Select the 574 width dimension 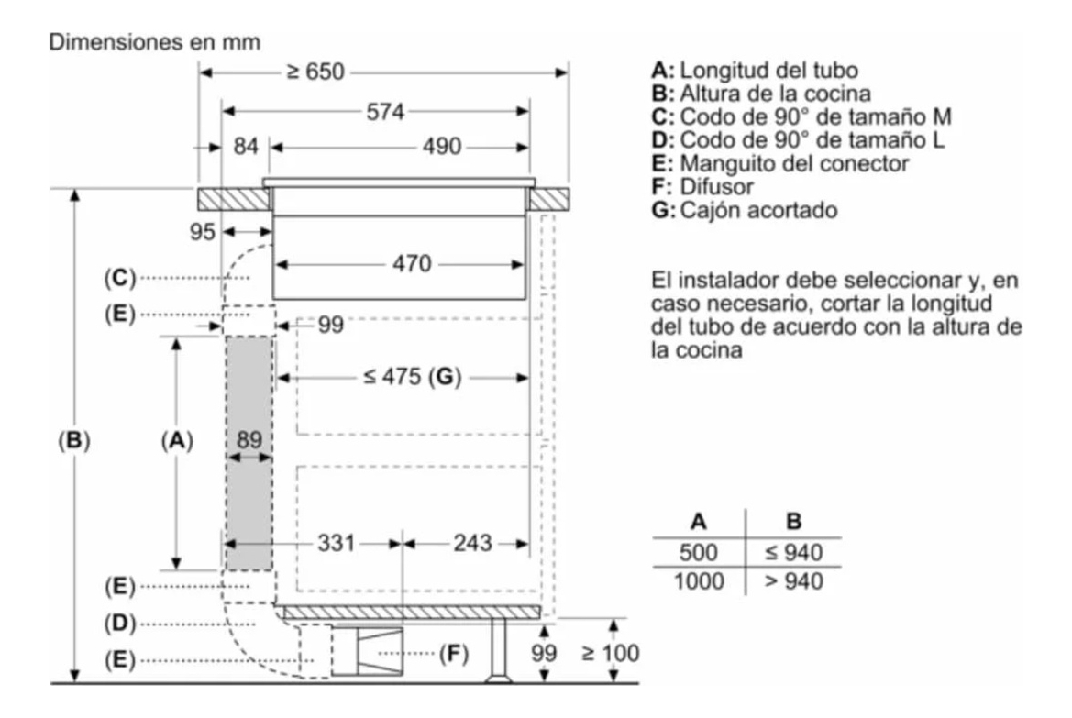[385, 112]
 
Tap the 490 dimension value [442, 147]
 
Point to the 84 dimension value [245, 147]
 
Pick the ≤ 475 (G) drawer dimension [410, 377]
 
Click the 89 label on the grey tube [249, 440]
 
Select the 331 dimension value [336, 543]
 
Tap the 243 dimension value [472, 543]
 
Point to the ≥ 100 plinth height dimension [611, 653]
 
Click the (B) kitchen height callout [73, 440]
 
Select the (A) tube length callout [176, 440]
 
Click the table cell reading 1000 [699, 580]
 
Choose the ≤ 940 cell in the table [793, 552]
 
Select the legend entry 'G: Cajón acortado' [744, 210]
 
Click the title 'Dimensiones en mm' [155, 42]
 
